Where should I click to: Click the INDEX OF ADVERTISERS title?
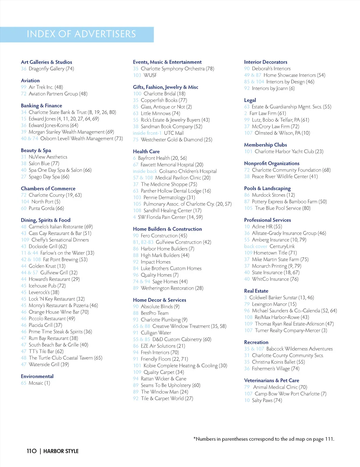pos(81,34)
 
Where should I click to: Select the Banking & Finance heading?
pos(41,105)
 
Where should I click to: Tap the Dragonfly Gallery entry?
pos(51,69)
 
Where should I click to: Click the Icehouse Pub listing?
pos(47,286)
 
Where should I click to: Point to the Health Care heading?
pos(146,151)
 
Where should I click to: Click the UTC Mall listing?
pos(174,133)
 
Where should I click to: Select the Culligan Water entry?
pos(156,333)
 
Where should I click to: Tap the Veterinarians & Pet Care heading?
pos(271,380)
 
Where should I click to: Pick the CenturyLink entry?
pos(282,246)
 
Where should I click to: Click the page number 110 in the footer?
pos(32,451)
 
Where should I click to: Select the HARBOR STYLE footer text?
pos(61,451)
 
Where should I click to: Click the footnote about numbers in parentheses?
pos(264,439)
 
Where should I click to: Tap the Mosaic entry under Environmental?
pos(39,383)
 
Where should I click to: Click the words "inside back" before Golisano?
pos(145,171)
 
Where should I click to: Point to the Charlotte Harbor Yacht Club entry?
pos(289,151)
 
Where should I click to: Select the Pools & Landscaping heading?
pos(267,188)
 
